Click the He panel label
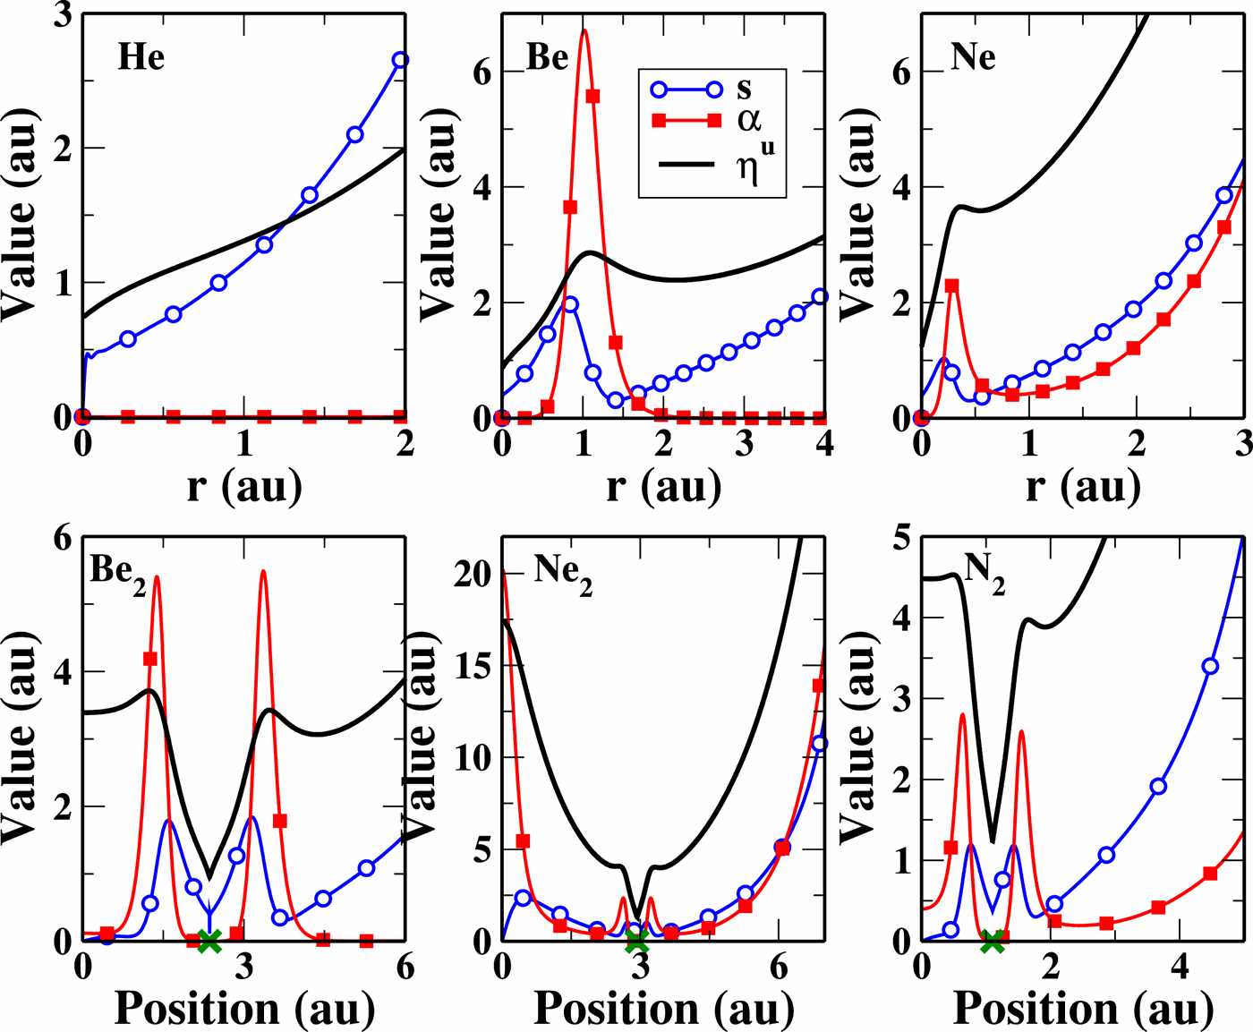click(x=141, y=57)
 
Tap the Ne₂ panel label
click(x=563, y=571)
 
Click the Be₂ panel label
click(x=117, y=572)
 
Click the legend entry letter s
click(x=745, y=89)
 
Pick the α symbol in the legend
click(x=748, y=120)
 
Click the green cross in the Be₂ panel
click(x=209, y=940)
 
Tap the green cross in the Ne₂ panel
click(x=636, y=941)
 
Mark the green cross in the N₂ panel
click(x=993, y=941)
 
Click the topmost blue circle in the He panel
click(x=400, y=60)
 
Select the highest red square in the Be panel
click(x=592, y=97)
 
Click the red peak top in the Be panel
click(x=584, y=31)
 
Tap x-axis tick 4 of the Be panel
click(x=824, y=443)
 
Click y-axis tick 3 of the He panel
click(x=63, y=15)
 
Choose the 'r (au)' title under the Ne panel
click(x=1082, y=486)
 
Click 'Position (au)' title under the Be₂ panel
click(x=244, y=1009)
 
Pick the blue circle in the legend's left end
click(x=660, y=89)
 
